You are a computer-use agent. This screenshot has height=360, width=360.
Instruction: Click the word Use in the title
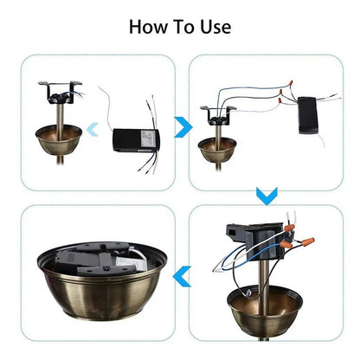214,26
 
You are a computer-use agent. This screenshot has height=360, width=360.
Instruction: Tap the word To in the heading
183,26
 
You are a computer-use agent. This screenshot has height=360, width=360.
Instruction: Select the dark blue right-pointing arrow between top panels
181,129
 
